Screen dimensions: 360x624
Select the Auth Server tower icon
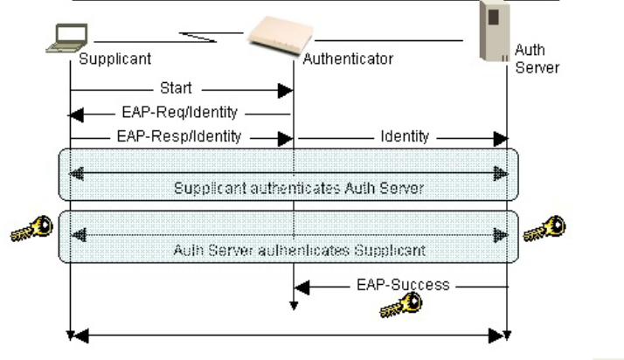pos(494,31)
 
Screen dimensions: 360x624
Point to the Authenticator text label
pos(348,60)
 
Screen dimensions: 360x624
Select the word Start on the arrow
pos(176,88)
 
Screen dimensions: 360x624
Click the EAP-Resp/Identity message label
pos(179,137)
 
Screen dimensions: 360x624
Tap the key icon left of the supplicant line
pos(31,229)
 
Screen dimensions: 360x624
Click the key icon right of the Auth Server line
pos(544,229)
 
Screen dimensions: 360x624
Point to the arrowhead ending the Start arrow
pos(285,89)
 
